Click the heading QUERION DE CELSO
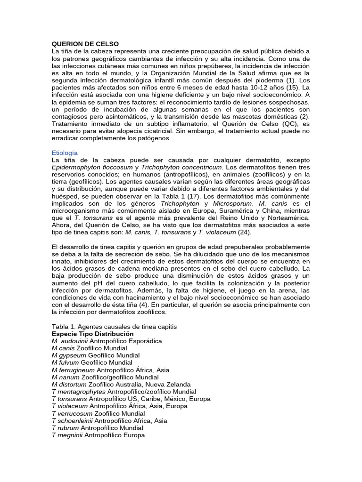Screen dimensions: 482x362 pos(85,44)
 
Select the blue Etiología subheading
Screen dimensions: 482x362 pos(65,153)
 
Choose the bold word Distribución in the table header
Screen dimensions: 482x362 pos(114,334)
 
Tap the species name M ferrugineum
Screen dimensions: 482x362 pos(73,370)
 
